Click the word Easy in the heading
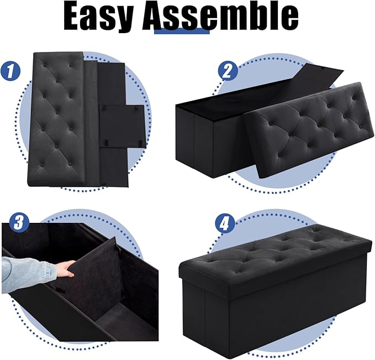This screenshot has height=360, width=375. (x=99, y=18)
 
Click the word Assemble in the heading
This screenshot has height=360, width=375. (x=221, y=18)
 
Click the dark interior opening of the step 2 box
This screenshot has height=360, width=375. (x=221, y=105)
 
